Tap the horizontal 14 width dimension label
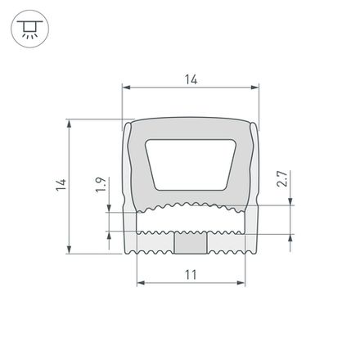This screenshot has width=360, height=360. coord(191,79)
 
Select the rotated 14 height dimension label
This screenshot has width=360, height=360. coord(60,187)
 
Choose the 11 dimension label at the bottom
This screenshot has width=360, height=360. coord(190,276)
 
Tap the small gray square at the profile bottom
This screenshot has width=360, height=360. coord(191,243)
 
